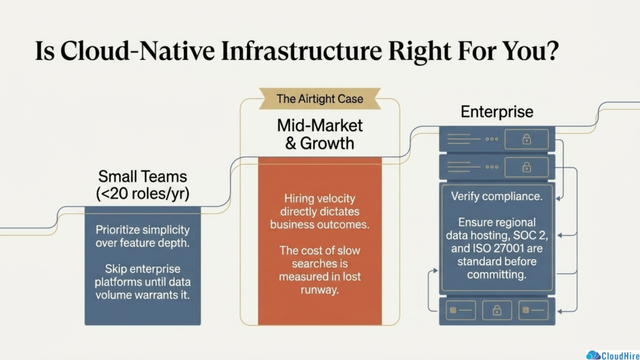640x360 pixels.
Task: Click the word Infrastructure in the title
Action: tap(302, 51)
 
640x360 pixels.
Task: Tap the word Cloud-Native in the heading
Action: tap(137, 51)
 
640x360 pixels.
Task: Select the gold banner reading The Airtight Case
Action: tap(320, 99)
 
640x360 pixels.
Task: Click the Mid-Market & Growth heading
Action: tap(320, 134)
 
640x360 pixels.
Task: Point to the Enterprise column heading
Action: tap(497, 112)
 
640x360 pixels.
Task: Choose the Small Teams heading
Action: tap(142, 176)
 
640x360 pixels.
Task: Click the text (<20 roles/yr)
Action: tap(142, 194)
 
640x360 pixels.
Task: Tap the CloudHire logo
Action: tap(612, 355)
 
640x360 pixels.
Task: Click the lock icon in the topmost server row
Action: tap(526, 139)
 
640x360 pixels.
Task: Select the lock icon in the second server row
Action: tap(526, 167)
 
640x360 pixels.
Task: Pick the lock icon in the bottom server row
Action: tap(497, 311)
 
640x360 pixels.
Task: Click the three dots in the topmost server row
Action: tap(492, 139)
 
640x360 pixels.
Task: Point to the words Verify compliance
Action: tap(497, 196)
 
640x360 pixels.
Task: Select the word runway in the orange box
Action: tap(320, 290)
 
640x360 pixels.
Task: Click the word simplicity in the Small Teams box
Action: tap(164, 230)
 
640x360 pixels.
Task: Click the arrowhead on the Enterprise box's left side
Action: tap(435, 270)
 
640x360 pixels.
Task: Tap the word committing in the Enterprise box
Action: tap(497, 275)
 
